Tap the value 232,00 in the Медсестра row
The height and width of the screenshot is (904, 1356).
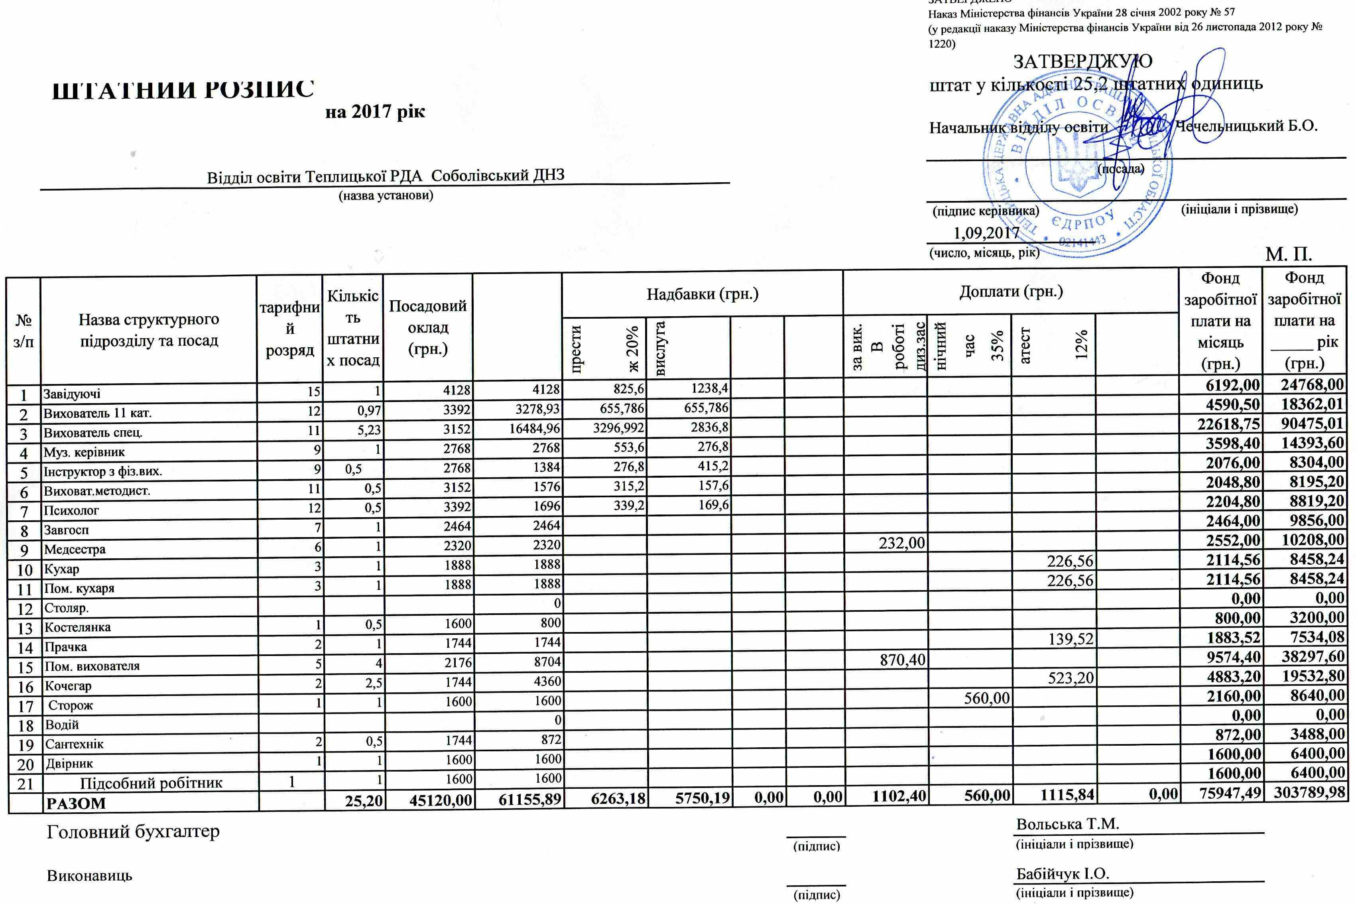[x=901, y=542]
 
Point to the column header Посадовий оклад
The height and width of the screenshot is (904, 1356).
[x=427, y=327]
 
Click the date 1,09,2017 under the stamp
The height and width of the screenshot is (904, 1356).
[x=987, y=234]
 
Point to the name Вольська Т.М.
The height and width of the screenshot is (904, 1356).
[x=1068, y=824]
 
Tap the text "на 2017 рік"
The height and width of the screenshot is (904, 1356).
[x=375, y=111]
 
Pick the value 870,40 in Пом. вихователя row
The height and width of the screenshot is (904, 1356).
[x=901, y=660]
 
